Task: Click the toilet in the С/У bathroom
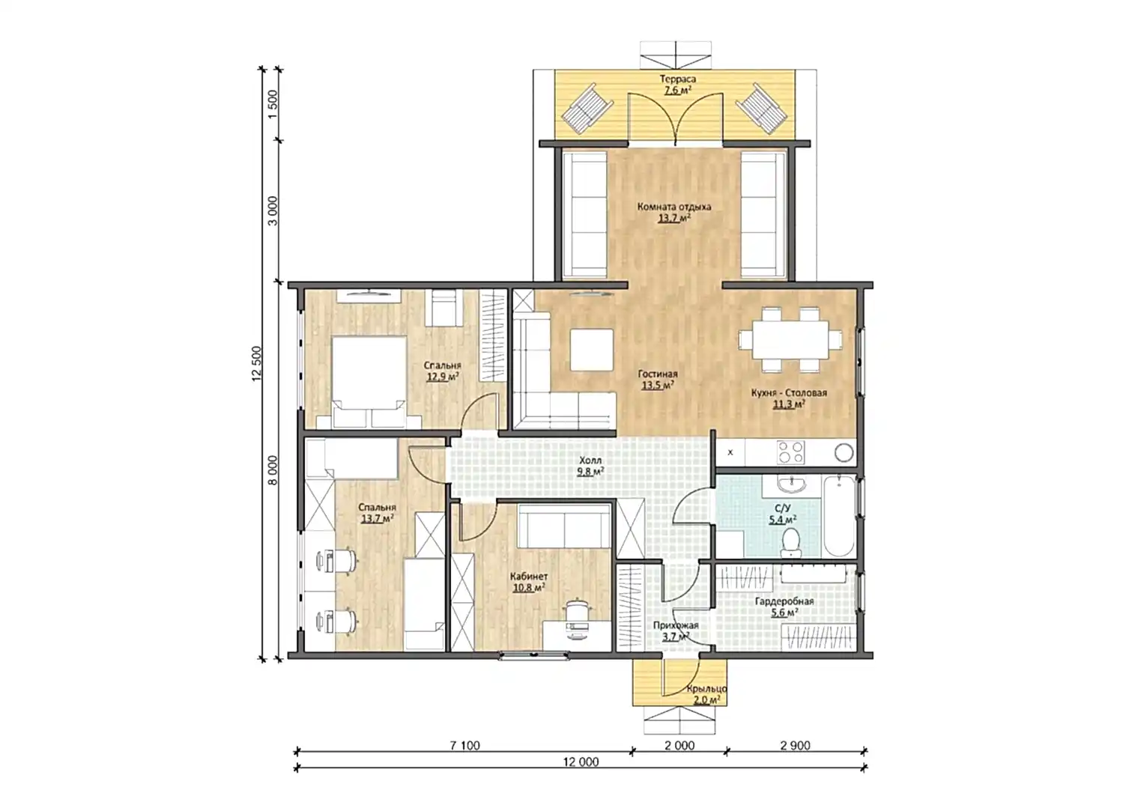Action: [790, 542]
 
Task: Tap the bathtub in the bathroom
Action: [839, 515]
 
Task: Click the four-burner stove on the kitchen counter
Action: [790, 452]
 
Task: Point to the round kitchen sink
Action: [844, 453]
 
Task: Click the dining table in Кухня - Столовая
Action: [790, 339]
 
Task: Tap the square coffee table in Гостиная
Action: [591, 350]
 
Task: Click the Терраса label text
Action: [677, 79]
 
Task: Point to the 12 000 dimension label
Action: [581, 762]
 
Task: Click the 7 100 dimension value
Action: [464, 746]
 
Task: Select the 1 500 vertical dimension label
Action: [273, 104]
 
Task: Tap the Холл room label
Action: [591, 461]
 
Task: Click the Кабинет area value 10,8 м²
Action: [529, 588]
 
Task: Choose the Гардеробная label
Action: [784, 602]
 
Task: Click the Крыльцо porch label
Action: [706, 689]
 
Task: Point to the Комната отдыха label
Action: [674, 207]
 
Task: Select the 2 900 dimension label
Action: [795, 746]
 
